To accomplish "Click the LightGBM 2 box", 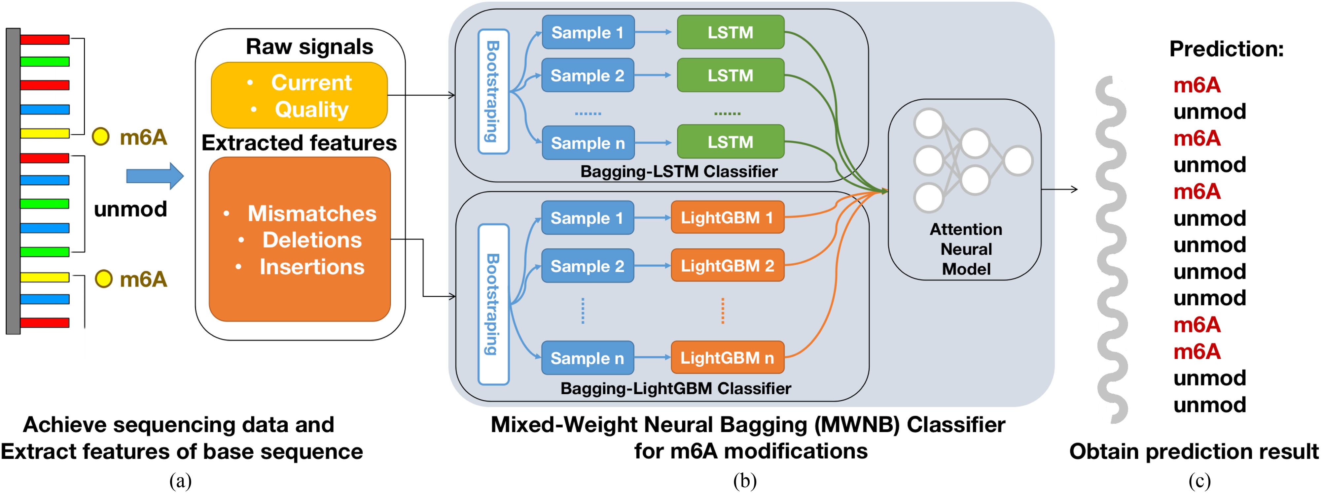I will (x=727, y=265).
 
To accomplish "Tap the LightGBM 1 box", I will (x=727, y=217).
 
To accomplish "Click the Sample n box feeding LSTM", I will (x=588, y=143).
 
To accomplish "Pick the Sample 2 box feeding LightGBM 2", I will (x=588, y=265).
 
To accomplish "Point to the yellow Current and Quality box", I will (x=300, y=95).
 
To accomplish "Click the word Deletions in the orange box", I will (x=312, y=240).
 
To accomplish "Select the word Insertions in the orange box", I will (x=312, y=267).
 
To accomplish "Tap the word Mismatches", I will (x=312, y=213).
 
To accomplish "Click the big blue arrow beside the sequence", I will (x=154, y=176).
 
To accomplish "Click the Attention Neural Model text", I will (x=966, y=249).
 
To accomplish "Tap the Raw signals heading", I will (x=309, y=47).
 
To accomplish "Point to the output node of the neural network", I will (x=1018, y=160).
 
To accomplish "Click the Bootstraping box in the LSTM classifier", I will (x=493, y=91).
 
